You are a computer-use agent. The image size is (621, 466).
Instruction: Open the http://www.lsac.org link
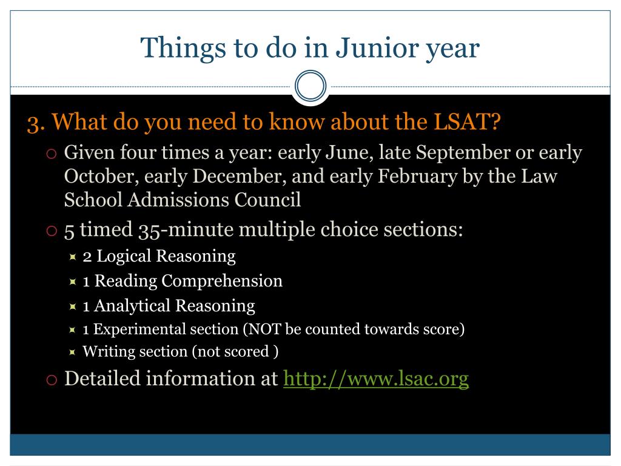pyautogui.click(x=376, y=379)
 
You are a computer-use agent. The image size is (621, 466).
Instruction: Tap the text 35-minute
pyautogui.click(x=186, y=230)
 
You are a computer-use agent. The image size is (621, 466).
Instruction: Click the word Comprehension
pyautogui.click(x=222, y=282)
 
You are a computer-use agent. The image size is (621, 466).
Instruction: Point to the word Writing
pyautogui.click(x=108, y=352)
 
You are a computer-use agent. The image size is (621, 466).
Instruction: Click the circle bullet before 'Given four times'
pyautogui.click(x=52, y=154)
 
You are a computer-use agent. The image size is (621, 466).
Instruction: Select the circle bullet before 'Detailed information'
pyautogui.click(x=52, y=380)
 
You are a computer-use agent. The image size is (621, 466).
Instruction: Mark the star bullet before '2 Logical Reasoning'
pyautogui.click(x=73, y=257)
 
